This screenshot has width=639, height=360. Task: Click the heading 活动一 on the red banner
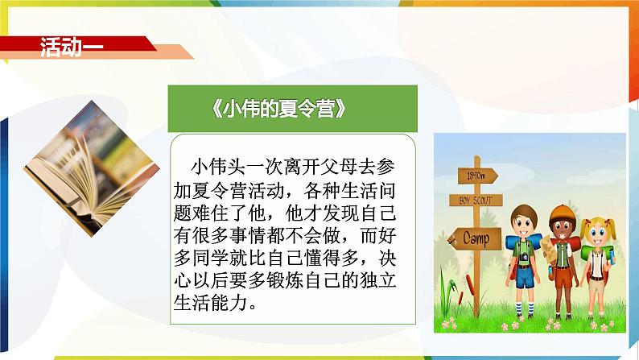coord(72,48)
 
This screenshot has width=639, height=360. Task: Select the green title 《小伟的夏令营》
coord(279,109)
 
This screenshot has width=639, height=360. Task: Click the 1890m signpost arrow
coord(477,176)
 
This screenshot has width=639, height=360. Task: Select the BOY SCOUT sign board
coord(476,201)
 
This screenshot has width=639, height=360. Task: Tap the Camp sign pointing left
coord(474,238)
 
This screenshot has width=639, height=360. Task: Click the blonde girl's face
coord(597,234)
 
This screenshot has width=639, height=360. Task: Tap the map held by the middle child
coord(547,249)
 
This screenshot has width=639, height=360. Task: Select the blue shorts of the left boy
coord(525,278)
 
